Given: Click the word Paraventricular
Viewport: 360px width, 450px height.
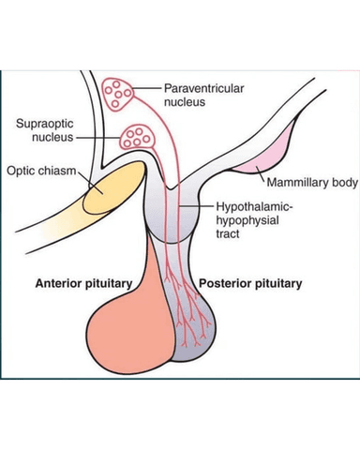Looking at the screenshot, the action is coord(203,89).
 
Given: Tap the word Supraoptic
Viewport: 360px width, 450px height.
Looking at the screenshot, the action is coord(45,124).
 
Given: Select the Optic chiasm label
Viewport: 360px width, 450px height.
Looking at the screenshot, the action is coord(41,171).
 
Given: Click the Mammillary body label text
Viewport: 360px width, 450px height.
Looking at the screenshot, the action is coord(312,183).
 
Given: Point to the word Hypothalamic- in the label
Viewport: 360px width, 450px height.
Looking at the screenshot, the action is coord(255,207).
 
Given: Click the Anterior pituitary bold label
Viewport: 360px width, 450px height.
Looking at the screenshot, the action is coord(83,283).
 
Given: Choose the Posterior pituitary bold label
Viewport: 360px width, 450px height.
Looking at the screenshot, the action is coord(250,283).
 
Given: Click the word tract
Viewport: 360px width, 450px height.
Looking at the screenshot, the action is coord(228,233).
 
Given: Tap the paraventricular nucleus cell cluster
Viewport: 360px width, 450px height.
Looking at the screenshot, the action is coord(117,94).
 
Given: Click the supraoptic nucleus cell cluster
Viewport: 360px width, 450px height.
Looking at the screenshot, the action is coord(137,137).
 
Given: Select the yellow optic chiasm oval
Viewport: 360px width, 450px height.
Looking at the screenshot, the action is coord(114,187).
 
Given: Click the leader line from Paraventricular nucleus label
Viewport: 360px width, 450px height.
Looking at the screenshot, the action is coord(147,89).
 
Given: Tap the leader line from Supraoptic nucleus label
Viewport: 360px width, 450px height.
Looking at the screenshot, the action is coord(97,138).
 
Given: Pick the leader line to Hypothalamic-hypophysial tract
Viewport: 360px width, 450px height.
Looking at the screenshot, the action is coord(196,206).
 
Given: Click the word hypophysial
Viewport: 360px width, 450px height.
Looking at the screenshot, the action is coord(247,220).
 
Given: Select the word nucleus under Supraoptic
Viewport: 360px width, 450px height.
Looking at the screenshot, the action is coord(52,137).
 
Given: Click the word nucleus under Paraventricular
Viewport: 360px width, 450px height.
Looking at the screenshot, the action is coord(185,102).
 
